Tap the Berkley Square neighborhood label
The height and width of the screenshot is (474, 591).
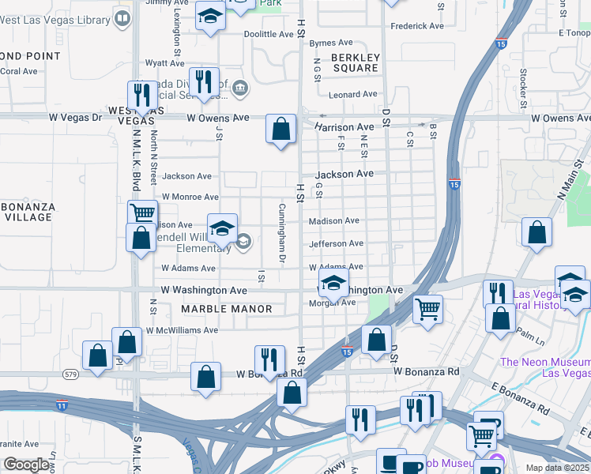click(x=356, y=62)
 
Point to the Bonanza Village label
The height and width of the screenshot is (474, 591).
click(x=27, y=212)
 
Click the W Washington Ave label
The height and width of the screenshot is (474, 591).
click(x=204, y=291)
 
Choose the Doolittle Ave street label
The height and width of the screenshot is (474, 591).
click(x=269, y=35)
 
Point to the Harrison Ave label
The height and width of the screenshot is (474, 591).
click(x=344, y=126)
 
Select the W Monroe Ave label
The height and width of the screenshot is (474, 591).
click(x=190, y=196)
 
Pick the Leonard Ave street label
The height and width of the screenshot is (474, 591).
click(x=354, y=94)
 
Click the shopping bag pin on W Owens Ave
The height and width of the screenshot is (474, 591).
click(x=280, y=128)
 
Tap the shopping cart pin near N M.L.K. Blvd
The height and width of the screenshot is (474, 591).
click(x=142, y=213)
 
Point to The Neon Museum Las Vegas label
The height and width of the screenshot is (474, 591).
click(x=545, y=367)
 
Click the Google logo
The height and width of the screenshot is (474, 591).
click(x=27, y=465)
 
